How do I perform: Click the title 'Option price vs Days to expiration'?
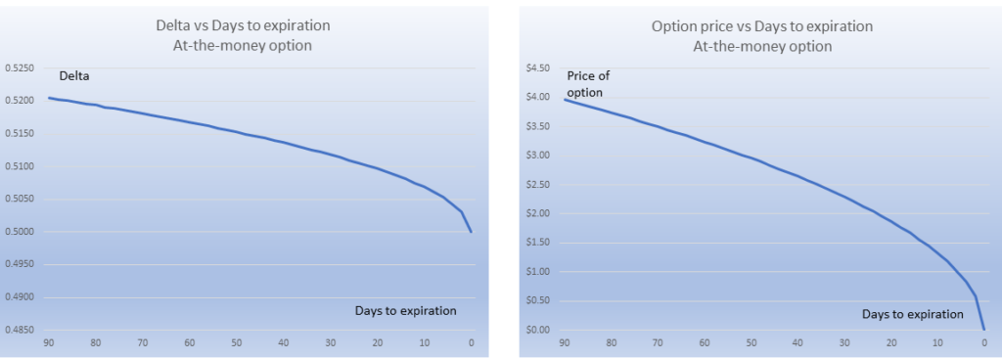tap(764, 26)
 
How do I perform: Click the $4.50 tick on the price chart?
tap(538, 67)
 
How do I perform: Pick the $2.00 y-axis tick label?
tap(538, 213)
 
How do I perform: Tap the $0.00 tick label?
tap(538, 330)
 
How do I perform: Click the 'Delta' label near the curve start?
tap(74, 75)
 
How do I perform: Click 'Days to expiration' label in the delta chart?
tap(405, 310)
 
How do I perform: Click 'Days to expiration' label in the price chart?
tap(912, 314)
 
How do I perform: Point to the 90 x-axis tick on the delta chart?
tap(48, 342)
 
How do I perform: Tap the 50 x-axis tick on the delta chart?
tap(236, 342)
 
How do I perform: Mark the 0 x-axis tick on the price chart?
tap(983, 342)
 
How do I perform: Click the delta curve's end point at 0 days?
tap(472, 232)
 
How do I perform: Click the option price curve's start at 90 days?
tap(565, 99)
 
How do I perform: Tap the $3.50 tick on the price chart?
tap(538, 126)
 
